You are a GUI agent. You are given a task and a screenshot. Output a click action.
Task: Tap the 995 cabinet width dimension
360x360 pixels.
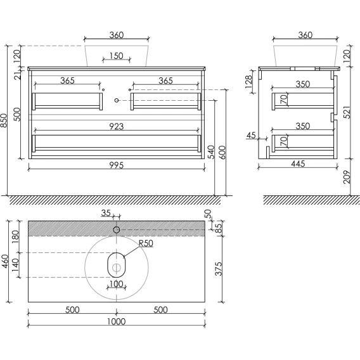click(x=117, y=165)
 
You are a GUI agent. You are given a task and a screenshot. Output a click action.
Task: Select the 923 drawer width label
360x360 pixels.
click(x=117, y=126)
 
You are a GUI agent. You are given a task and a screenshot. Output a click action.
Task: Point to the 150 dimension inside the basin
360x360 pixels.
click(x=117, y=56)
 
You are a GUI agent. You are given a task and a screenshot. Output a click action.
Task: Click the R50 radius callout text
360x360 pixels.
click(x=146, y=243)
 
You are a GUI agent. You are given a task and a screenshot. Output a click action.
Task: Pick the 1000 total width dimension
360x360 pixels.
click(x=117, y=321)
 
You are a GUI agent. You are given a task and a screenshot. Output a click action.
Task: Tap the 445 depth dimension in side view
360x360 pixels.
click(x=298, y=164)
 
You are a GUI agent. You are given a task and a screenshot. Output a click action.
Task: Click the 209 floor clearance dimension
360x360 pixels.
click(x=347, y=177)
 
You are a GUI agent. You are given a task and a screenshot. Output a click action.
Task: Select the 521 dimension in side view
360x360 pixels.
click(x=347, y=112)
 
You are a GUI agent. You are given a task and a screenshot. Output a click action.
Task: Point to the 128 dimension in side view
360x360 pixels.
click(x=248, y=82)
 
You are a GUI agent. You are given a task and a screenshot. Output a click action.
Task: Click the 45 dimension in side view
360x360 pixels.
click(x=251, y=135)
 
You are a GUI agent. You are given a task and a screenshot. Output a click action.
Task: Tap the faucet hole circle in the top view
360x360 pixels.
click(x=117, y=229)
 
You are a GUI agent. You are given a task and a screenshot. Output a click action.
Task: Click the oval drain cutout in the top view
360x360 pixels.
click(x=117, y=265)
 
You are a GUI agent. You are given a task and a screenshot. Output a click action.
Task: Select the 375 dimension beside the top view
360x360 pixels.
click(x=219, y=269)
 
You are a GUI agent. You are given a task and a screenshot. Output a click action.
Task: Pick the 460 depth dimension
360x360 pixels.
click(x=5, y=261)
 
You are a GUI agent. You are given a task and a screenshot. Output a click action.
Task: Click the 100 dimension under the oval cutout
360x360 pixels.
click(x=117, y=284)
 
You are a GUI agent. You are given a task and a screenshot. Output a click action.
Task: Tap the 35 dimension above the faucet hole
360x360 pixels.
click(x=106, y=213)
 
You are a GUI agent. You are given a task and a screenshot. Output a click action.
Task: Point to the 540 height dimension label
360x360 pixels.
click(x=211, y=151)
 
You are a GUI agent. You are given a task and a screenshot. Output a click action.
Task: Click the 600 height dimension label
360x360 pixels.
click(x=222, y=151)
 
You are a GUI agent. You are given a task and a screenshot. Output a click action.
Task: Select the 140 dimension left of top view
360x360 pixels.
click(x=15, y=265)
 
